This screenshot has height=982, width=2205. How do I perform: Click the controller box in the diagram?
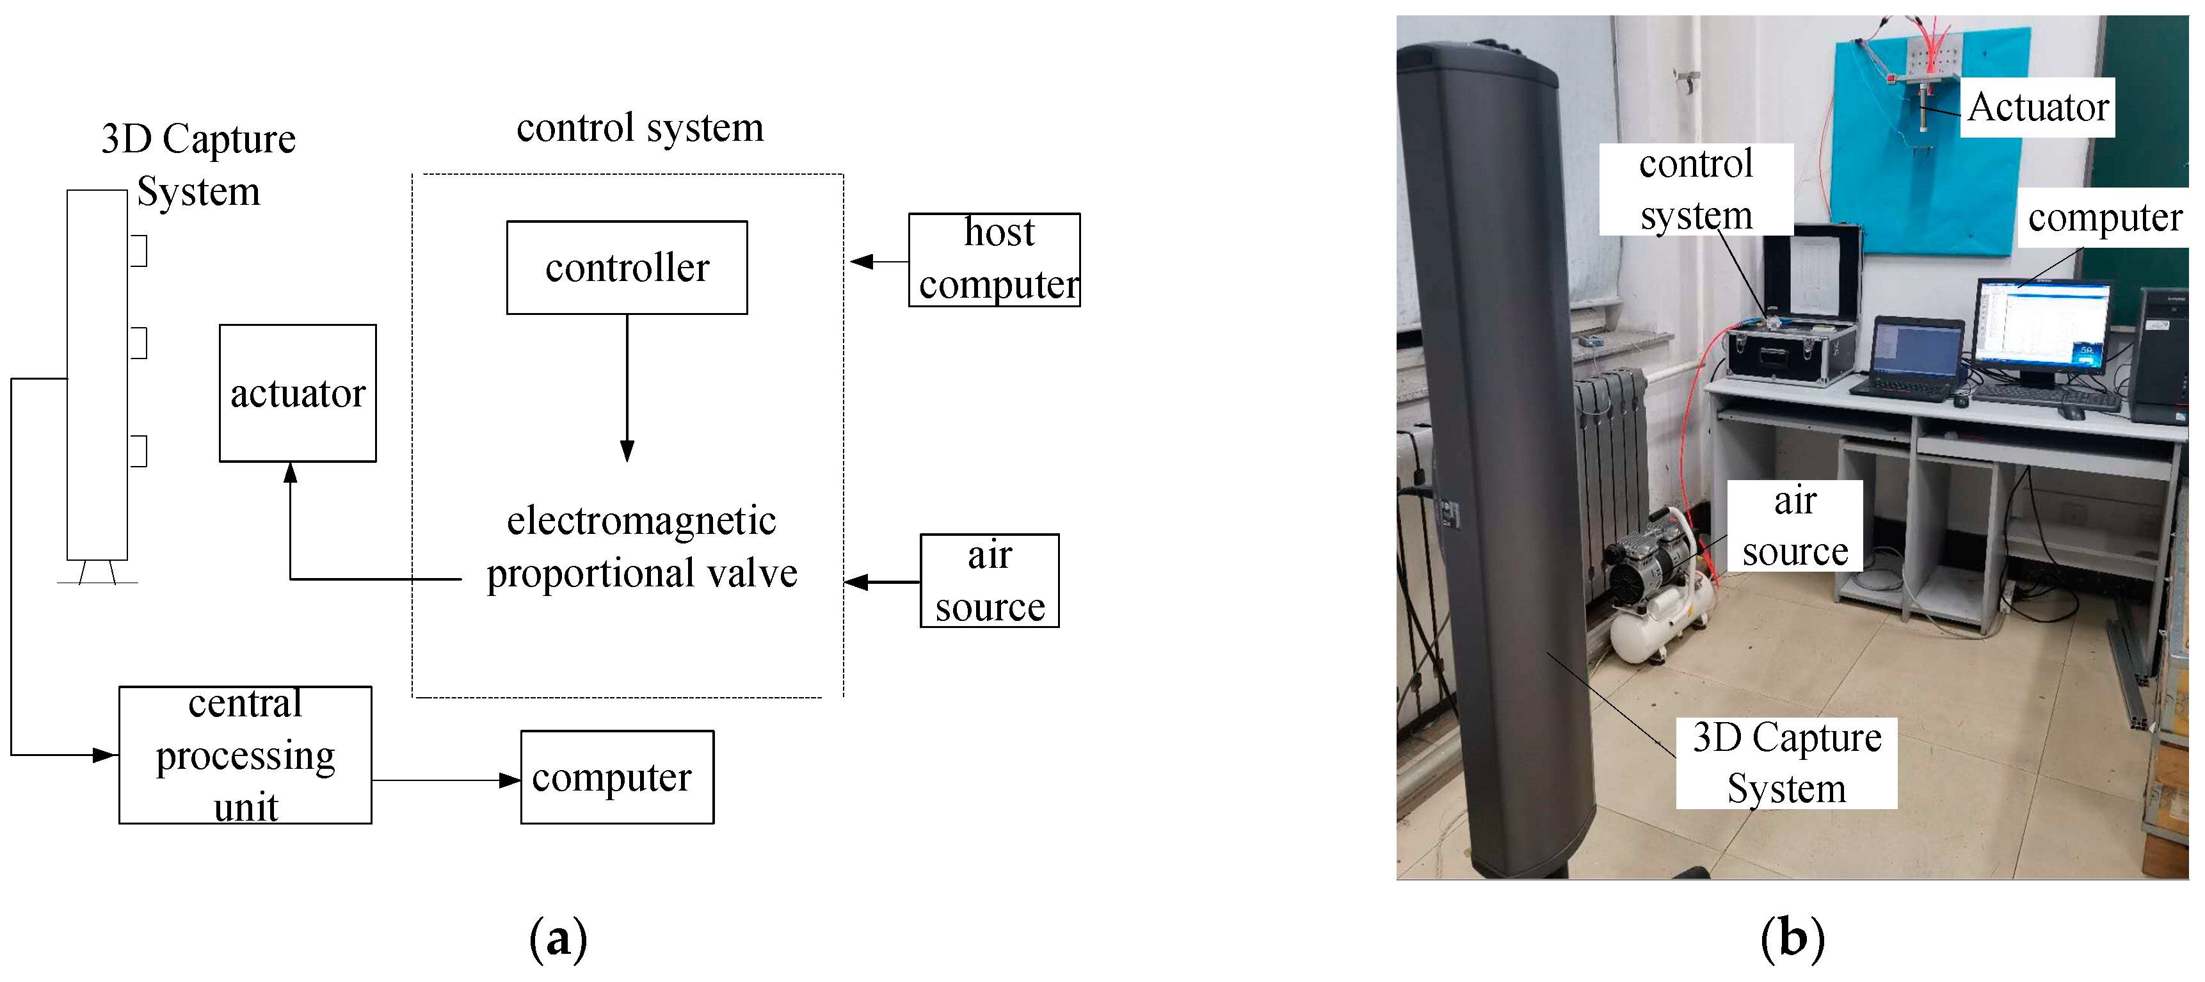tap(627, 268)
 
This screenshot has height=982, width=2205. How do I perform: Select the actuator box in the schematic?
tap(297, 393)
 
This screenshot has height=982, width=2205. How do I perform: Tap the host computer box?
tap(994, 259)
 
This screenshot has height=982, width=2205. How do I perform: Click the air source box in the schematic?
tap(989, 581)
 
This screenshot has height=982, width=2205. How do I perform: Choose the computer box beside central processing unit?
tap(616, 777)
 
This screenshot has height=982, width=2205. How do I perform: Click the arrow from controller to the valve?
tap(627, 385)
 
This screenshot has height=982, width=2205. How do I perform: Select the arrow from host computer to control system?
tap(878, 261)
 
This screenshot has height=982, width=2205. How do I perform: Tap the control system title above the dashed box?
tap(639, 127)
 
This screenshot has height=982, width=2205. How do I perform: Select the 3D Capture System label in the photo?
tap(1786, 763)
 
